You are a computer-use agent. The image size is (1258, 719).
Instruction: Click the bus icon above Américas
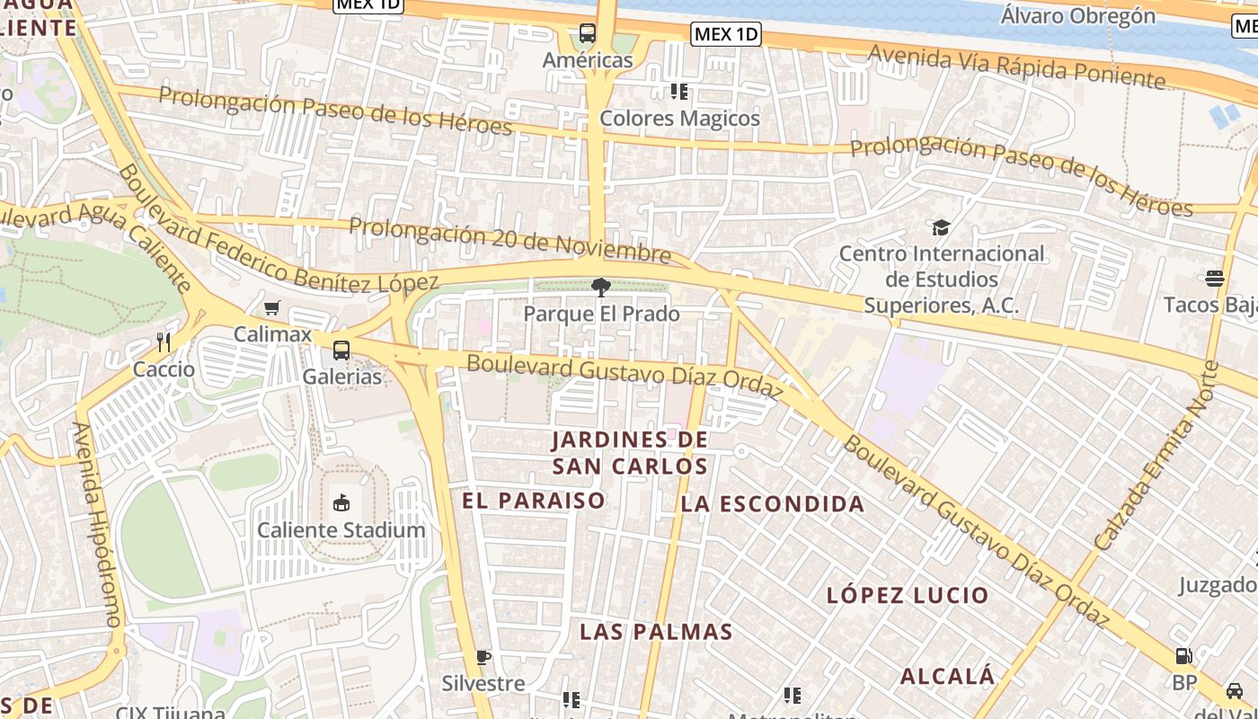[588, 34]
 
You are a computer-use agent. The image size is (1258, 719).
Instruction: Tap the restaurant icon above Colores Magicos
[678, 92]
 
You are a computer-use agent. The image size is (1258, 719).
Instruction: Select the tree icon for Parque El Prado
[601, 288]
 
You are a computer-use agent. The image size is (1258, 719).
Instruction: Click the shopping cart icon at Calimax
[272, 308]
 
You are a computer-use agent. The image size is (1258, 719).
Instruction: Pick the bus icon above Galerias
[341, 351]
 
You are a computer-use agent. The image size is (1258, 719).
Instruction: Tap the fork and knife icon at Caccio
[164, 342]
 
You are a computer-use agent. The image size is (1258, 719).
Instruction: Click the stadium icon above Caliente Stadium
[341, 503]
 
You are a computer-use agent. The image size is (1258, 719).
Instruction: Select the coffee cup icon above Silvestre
[483, 657]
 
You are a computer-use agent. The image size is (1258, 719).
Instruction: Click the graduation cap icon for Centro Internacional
[941, 227]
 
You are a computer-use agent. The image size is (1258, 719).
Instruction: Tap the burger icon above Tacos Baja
[1215, 279]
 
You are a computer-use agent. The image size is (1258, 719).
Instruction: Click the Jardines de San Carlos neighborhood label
[630, 453]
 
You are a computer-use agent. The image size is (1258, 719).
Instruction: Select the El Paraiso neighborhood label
[534, 501]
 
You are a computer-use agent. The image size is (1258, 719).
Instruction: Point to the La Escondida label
[773, 504]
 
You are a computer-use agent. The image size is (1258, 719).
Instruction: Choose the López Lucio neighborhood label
[908, 595]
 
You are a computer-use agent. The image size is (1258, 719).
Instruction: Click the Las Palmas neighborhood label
[656, 632]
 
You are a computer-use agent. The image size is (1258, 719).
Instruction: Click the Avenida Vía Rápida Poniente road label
[1016, 67]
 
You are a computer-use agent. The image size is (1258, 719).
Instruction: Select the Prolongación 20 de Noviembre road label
[509, 240]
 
